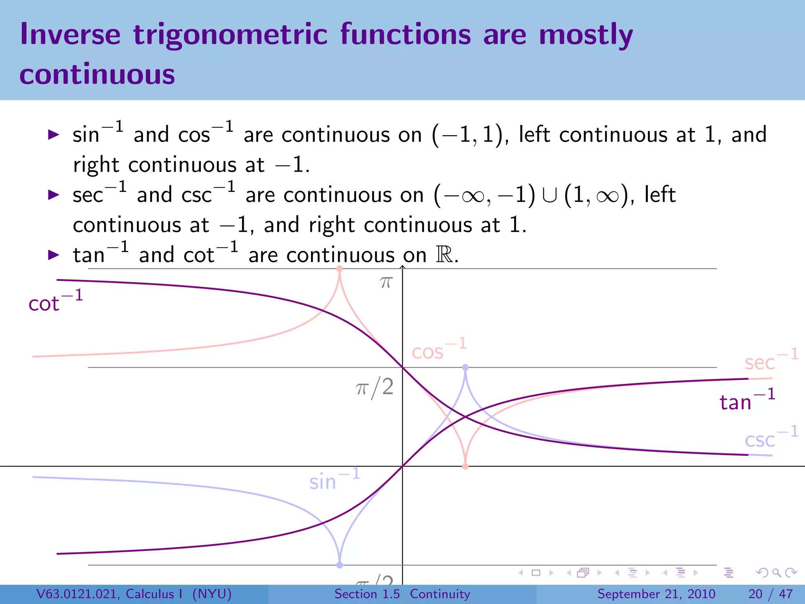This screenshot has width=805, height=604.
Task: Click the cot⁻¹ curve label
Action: [x=55, y=302]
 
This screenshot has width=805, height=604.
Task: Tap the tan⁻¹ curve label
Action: [x=746, y=400]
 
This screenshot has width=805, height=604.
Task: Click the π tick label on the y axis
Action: [x=386, y=282]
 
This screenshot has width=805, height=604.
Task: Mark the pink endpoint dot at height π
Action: [x=340, y=269]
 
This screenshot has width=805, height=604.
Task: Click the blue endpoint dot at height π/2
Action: [x=465, y=367]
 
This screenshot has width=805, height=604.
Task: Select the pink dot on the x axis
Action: [x=465, y=466]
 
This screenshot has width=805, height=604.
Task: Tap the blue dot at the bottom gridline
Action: [x=340, y=565]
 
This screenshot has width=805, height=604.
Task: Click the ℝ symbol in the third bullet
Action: [x=444, y=255]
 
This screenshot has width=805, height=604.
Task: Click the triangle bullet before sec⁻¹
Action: [x=53, y=195]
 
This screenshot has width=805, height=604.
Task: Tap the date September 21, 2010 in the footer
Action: [x=656, y=594]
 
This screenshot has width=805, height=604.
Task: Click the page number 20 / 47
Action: [x=770, y=594]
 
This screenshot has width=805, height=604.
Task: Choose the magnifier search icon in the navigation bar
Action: [x=776, y=573]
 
